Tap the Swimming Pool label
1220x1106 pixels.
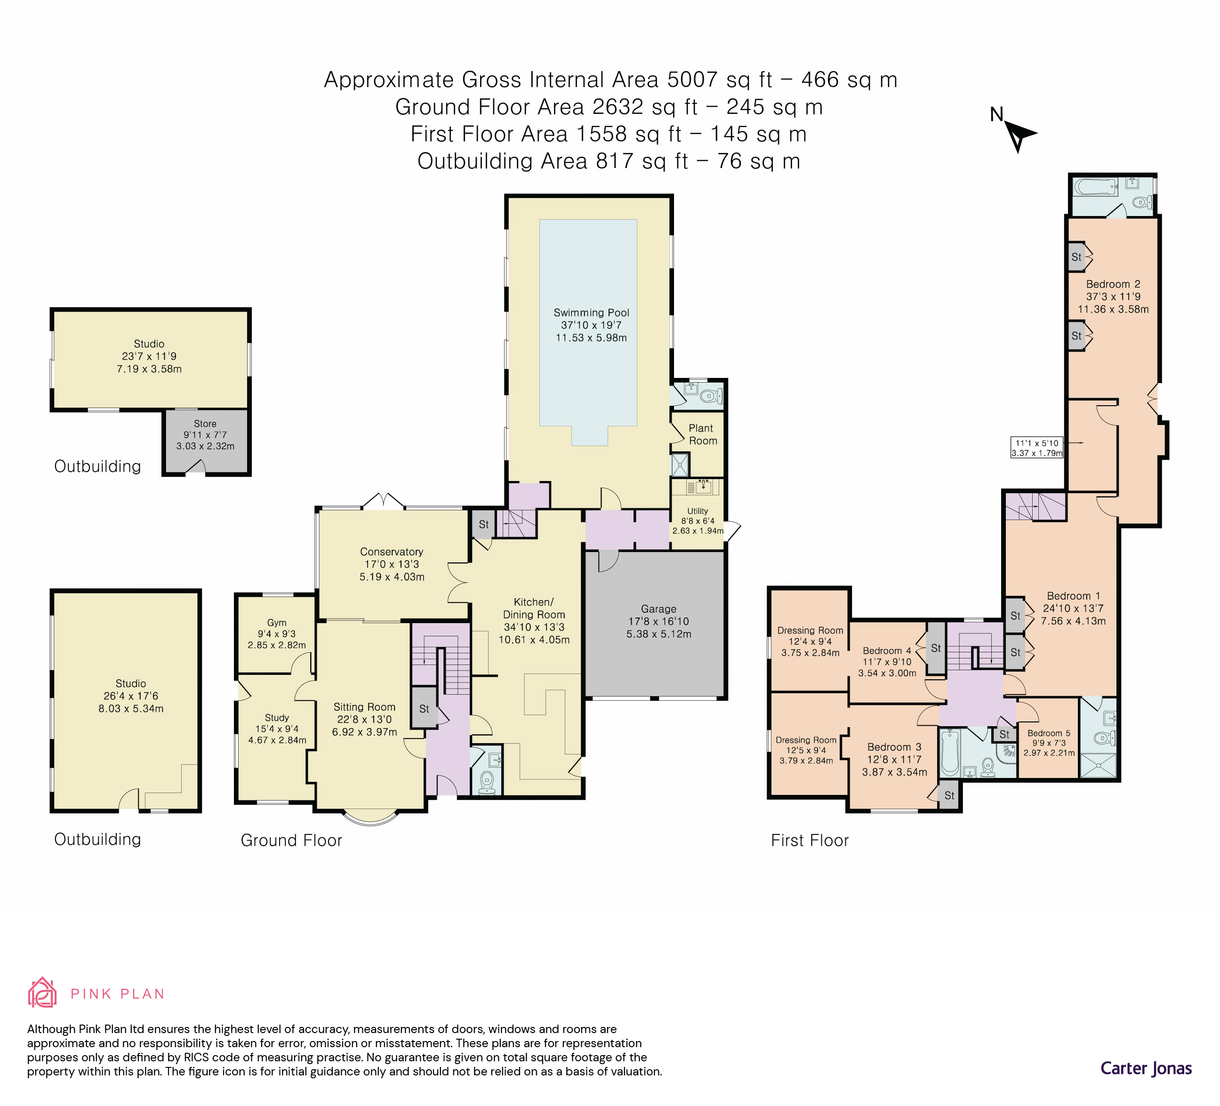[x=591, y=313]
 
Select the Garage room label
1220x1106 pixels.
[x=658, y=609]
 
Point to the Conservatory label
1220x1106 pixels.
[x=392, y=552]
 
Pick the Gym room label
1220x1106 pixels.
[x=277, y=623]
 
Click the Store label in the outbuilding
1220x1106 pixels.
[x=205, y=424]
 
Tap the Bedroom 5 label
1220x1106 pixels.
[x=1049, y=733]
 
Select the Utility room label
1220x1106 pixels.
[x=697, y=511]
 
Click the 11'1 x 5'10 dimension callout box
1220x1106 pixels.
[x=1036, y=448]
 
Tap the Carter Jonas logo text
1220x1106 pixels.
[x=1146, y=1068]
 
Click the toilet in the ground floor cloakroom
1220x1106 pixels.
[x=487, y=782]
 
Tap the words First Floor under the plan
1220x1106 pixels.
[x=810, y=841]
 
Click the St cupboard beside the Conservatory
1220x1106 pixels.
[x=483, y=525]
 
